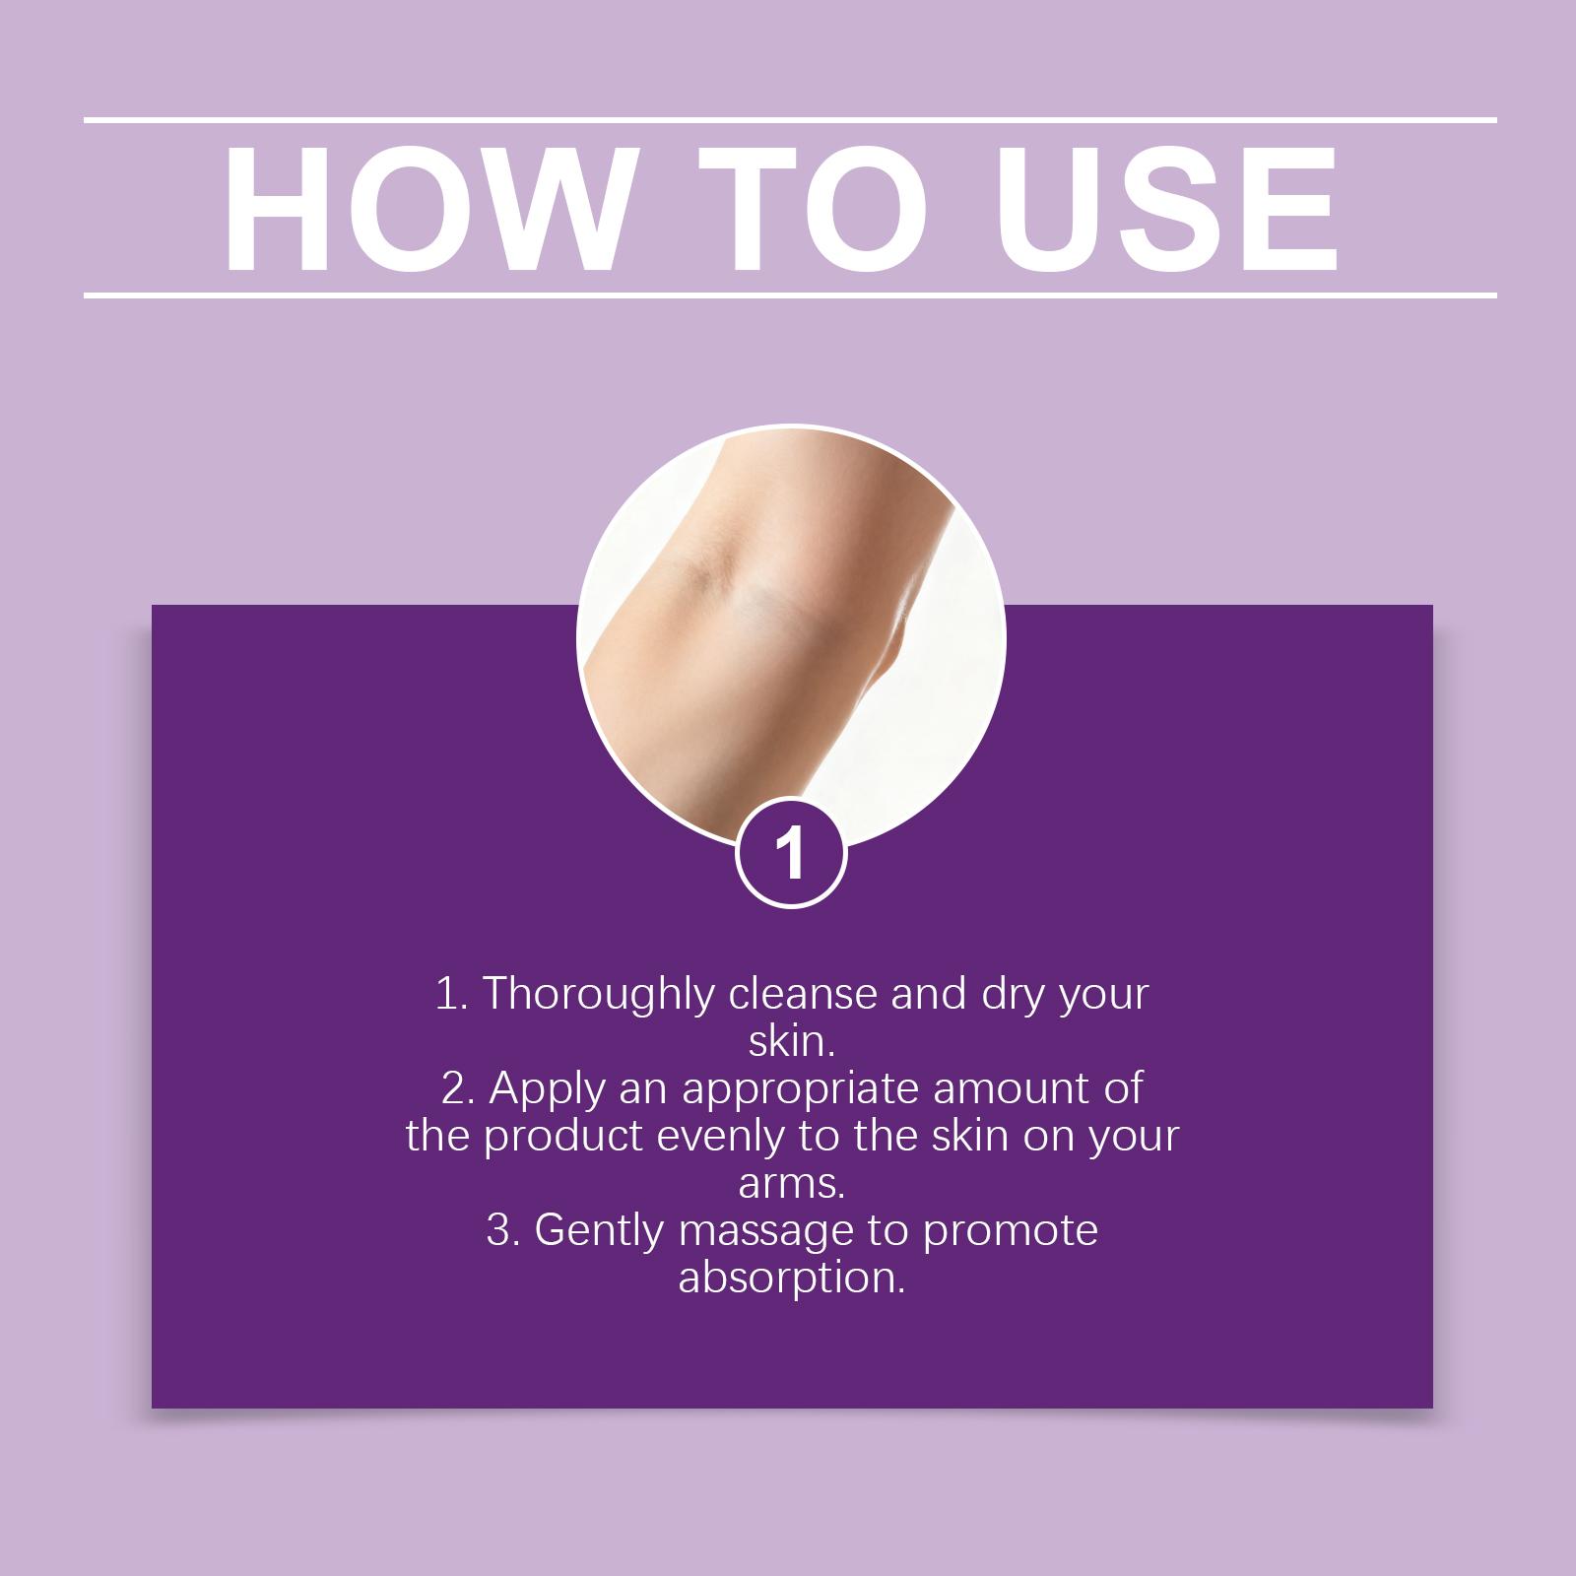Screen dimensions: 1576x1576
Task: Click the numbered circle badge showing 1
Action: tap(791, 853)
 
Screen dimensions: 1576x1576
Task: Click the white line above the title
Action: tap(790, 121)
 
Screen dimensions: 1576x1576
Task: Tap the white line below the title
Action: tap(790, 295)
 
